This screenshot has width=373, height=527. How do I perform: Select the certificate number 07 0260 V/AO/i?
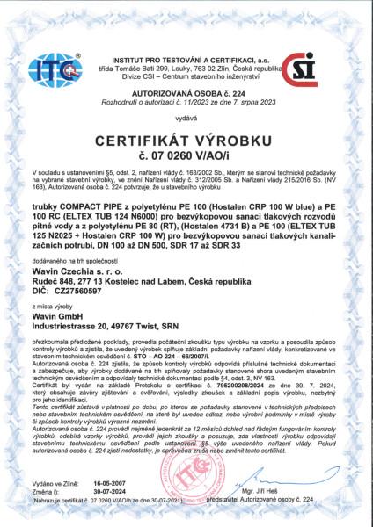[x=186, y=156]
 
